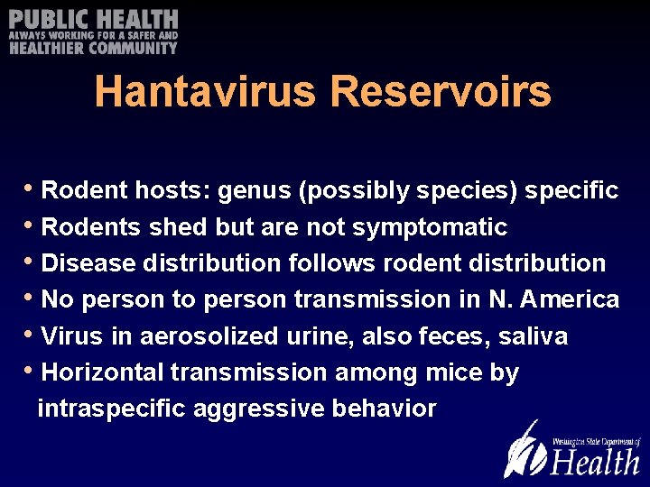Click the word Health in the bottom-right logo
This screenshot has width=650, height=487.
coord(595,461)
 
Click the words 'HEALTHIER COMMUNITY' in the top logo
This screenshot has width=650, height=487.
coord(94,48)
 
